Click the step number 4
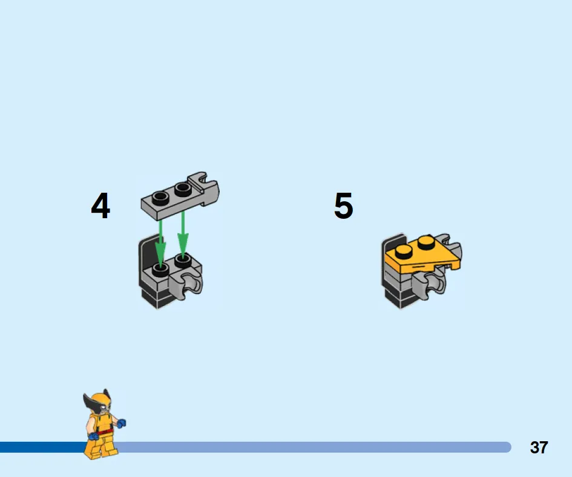pos(100,205)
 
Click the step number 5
pos(344,205)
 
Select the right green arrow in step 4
pos(183,235)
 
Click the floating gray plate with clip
pos(180,196)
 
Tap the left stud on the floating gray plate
pos(160,198)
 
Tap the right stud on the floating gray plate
pos(183,189)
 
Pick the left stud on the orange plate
pos(404,252)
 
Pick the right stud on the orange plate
pos(426,242)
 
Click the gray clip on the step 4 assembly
pos(186,284)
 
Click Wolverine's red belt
pos(105,432)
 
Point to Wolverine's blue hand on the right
pos(121,423)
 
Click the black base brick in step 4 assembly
pos(155,298)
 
